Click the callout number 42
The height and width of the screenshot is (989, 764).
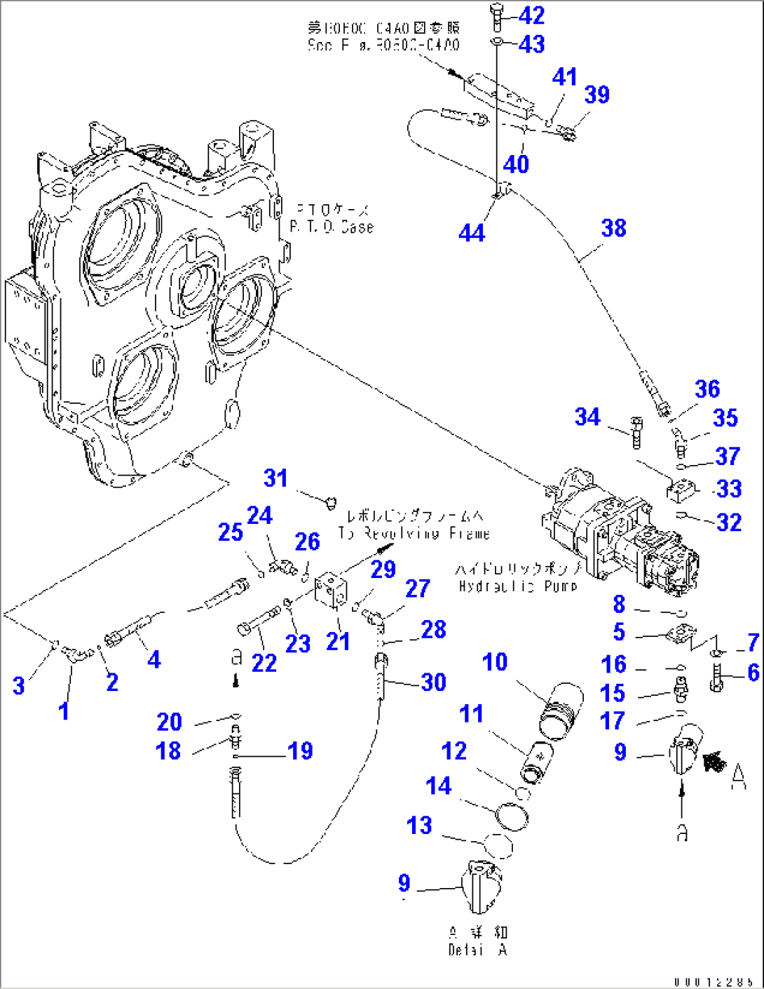pos(531,15)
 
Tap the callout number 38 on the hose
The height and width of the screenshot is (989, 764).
pos(613,228)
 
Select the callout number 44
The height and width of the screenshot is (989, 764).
pos(472,233)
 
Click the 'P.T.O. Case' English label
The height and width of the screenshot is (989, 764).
pos(332,227)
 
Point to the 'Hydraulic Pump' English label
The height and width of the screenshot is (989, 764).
pos(517,586)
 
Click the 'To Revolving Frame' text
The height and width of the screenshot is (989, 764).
pos(414,533)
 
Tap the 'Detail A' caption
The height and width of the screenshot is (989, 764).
pos(477,950)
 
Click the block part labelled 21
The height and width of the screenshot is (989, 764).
pos(331,591)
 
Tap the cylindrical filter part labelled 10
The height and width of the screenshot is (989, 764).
pos(561,710)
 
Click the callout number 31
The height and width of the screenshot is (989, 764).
pos(275,478)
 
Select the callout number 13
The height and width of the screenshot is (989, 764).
pos(419,826)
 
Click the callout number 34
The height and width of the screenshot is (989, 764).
pos(587,417)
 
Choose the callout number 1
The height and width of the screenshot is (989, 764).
pos(64,711)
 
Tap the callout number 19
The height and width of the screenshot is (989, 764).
pos(300,751)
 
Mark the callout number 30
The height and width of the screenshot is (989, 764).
pos(433,682)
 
